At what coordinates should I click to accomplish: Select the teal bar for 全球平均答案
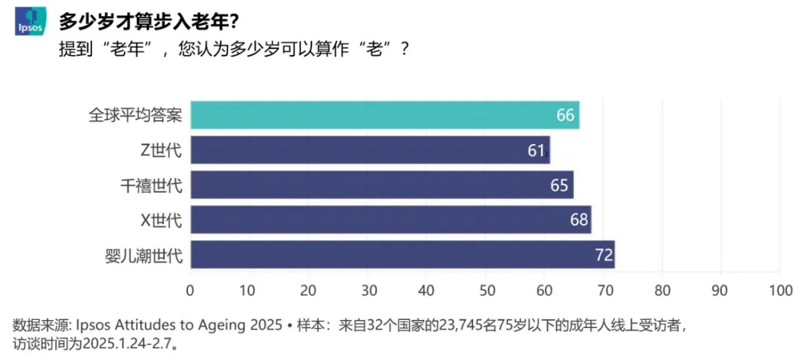[x=385, y=115]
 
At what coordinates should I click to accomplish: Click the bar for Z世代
[x=370, y=150]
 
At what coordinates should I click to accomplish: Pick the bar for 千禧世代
[x=382, y=185]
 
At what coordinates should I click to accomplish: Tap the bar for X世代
[x=391, y=220]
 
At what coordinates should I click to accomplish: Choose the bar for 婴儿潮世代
[x=402, y=255]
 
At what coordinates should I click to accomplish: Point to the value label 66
[x=566, y=115]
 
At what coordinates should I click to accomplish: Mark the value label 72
[x=604, y=255]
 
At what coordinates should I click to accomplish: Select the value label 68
[x=579, y=220]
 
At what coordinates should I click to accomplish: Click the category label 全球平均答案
[x=135, y=115]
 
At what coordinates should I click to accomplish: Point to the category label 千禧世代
[x=151, y=185]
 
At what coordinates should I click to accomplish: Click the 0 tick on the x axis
[x=190, y=290]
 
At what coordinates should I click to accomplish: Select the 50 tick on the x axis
[x=485, y=290]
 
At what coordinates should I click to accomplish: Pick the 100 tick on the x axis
[x=780, y=290]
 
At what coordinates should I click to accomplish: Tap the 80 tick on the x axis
[x=662, y=290]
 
